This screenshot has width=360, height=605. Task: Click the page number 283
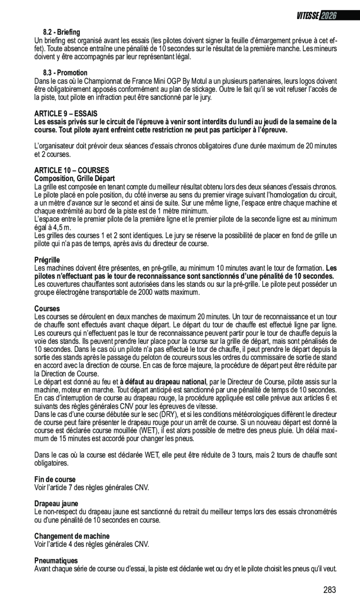tap(329, 590)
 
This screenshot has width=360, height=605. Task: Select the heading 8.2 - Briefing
tap(61, 32)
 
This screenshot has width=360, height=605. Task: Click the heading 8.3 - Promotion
tap(65, 73)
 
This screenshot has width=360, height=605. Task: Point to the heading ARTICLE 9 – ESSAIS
tap(66, 114)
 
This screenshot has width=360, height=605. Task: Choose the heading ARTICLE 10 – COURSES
tap(71, 170)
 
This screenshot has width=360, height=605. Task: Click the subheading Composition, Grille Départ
tap(74, 178)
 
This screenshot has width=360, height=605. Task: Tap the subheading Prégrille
tap(47, 260)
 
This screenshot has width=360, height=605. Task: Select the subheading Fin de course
tap(55, 479)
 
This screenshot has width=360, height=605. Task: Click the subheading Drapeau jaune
tap(56, 504)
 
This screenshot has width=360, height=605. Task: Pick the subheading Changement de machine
tap(72, 536)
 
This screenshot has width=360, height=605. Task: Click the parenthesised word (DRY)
tap(167, 414)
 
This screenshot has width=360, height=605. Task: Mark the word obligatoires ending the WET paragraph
tap(51, 463)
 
